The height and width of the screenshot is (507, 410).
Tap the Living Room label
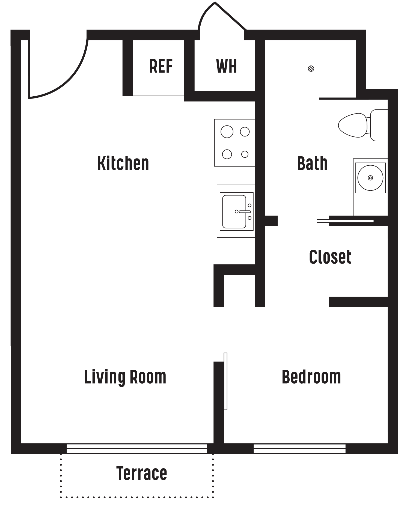point(125,377)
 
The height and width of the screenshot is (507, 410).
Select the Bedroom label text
point(311,377)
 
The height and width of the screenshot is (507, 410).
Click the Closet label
point(330,257)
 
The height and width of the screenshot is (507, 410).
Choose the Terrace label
point(142,473)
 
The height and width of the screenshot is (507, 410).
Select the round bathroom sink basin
point(370,178)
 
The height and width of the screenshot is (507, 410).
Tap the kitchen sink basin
point(234,211)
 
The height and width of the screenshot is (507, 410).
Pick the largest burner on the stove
point(227,132)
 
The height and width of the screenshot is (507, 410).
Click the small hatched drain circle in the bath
point(311,68)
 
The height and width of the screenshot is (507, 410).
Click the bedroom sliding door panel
point(225,381)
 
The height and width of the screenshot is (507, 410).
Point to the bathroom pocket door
point(345,221)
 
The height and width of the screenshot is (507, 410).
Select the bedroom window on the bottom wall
point(299,448)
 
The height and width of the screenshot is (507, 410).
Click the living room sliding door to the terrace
point(137,448)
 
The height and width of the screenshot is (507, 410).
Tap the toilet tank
point(379,125)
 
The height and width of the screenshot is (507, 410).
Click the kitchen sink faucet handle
point(245,212)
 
